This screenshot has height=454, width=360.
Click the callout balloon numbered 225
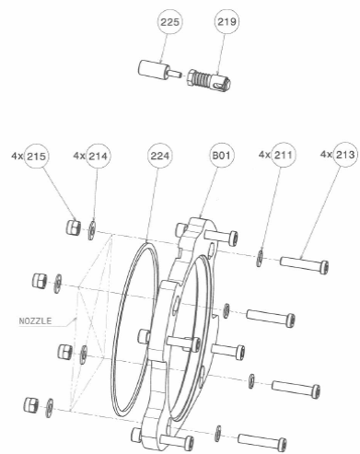pos(169,22)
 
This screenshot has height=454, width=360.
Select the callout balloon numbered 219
pos(226,21)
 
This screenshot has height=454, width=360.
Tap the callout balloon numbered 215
pos(36,157)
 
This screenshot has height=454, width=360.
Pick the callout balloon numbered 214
pos(99,157)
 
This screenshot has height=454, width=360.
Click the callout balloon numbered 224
pos(159,156)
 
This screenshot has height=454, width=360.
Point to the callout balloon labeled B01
pos(221,155)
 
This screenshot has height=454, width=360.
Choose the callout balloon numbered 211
pos(284,155)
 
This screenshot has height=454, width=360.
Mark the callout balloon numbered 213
pos(345,155)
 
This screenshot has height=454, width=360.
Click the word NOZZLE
pos(35,321)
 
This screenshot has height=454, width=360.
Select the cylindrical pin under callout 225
pos(158,70)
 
